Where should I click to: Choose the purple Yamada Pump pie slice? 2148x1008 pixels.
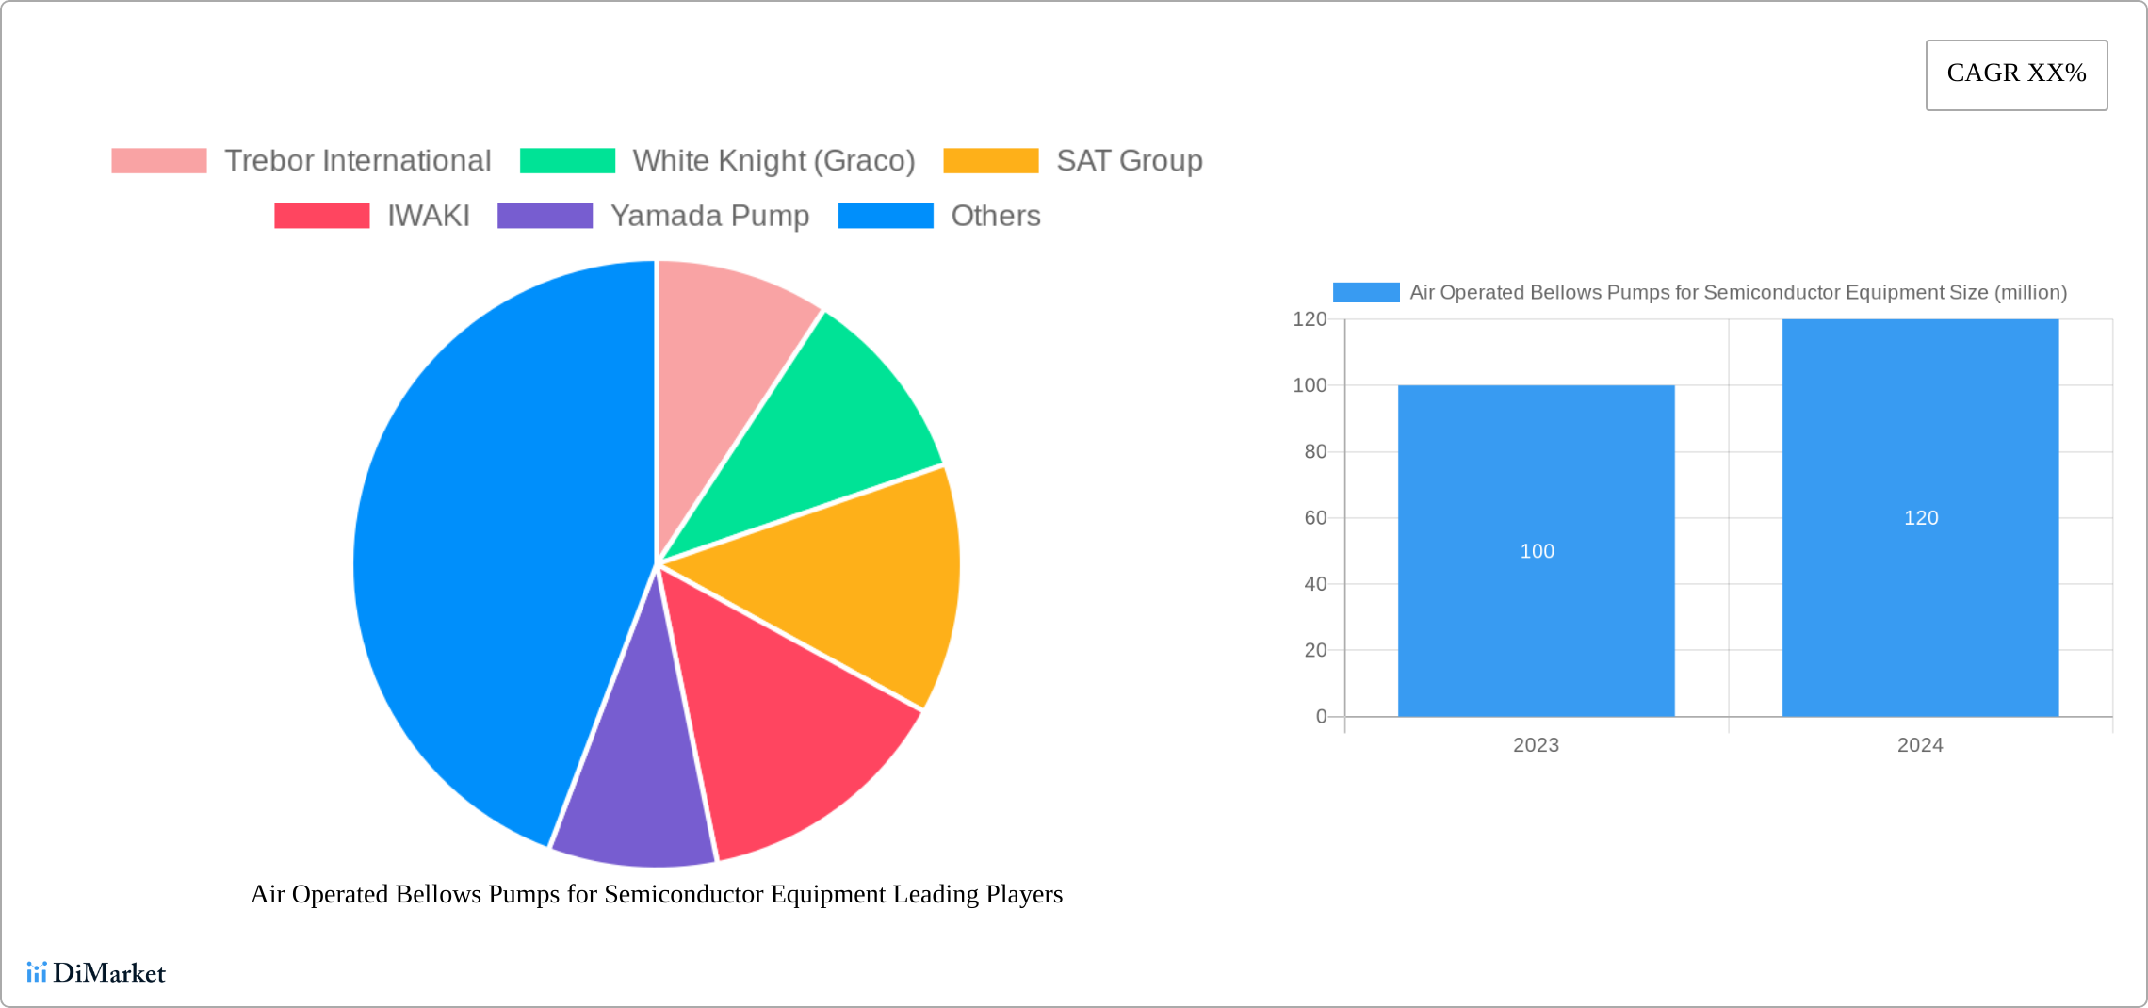(x=636, y=791)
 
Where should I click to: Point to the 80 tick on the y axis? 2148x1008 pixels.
(x=1315, y=452)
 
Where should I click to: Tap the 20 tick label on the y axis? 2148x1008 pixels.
(x=1315, y=650)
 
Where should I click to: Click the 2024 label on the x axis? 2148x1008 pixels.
(x=1920, y=745)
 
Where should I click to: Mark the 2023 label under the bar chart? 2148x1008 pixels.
(x=1536, y=745)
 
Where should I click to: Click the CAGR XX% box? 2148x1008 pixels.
(x=2016, y=74)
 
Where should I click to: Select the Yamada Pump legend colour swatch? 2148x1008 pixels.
(x=545, y=216)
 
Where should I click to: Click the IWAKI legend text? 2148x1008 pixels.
(x=429, y=216)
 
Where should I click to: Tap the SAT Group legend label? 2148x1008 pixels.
(x=1129, y=161)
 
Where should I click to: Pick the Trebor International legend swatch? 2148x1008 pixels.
(x=158, y=161)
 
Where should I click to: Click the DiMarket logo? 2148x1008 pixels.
(x=96, y=973)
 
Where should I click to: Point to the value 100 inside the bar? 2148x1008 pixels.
(x=1537, y=551)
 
